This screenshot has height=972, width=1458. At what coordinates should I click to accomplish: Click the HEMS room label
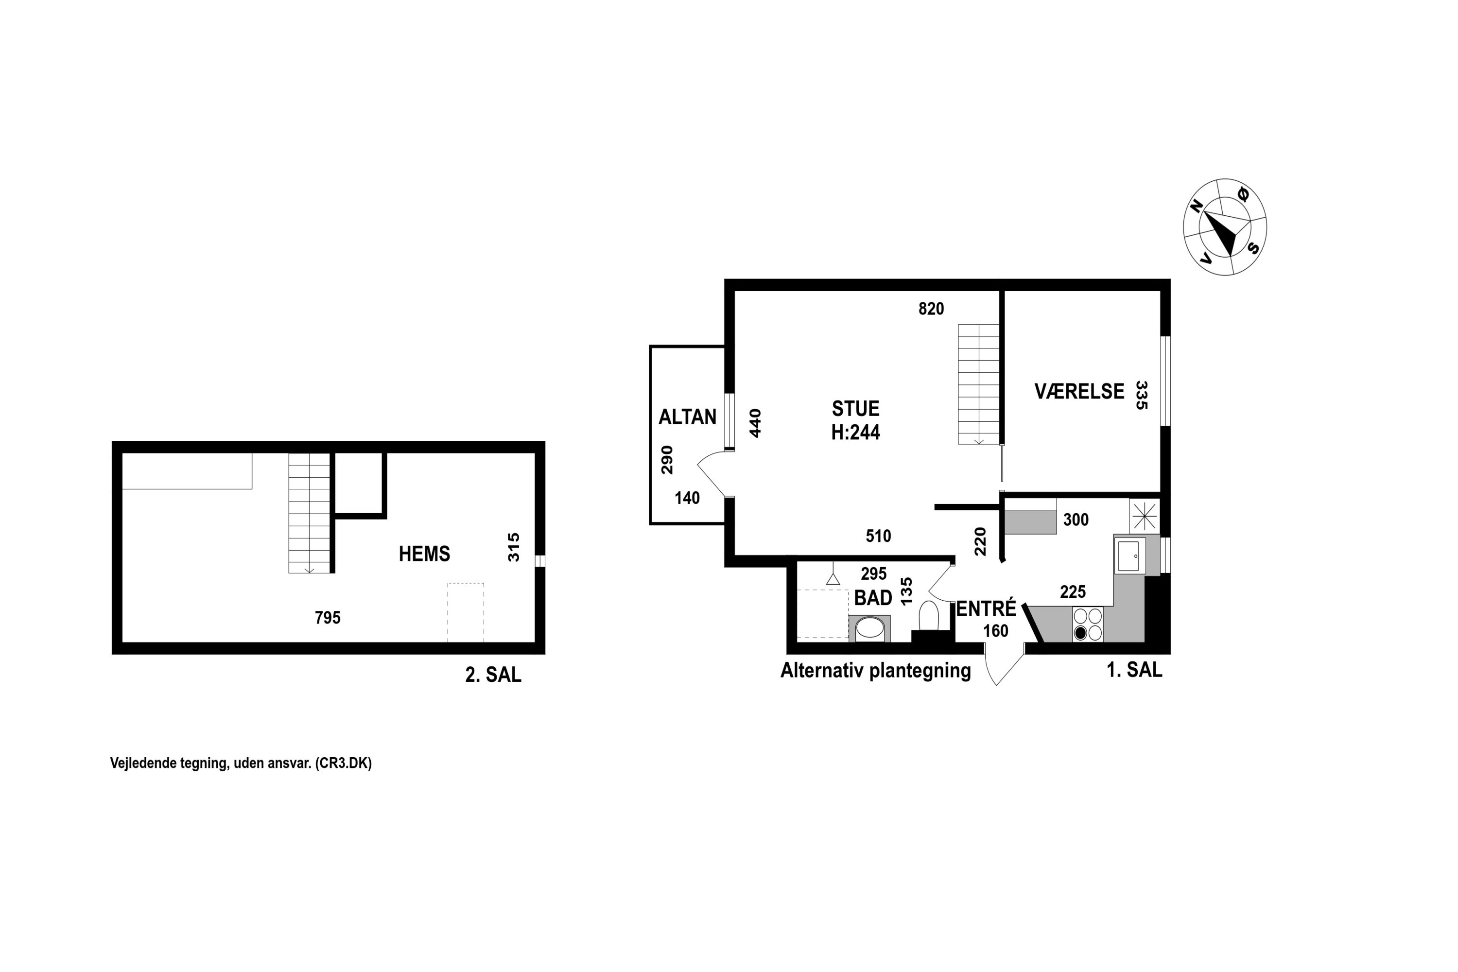click(x=424, y=554)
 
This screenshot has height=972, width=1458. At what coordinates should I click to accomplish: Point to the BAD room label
click(x=873, y=598)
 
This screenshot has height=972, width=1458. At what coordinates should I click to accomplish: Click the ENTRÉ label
click(x=986, y=609)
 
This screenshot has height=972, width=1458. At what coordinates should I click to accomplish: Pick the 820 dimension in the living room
click(x=931, y=309)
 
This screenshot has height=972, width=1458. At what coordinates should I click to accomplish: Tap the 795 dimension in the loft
click(x=328, y=617)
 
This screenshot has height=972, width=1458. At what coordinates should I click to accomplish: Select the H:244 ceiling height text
click(x=855, y=432)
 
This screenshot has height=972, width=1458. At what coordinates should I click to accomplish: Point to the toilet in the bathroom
click(x=929, y=614)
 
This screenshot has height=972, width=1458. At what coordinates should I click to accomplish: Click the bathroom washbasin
click(x=870, y=628)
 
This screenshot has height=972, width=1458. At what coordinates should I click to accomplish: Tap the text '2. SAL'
click(x=493, y=675)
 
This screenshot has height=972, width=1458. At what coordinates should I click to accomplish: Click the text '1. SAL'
click(x=1134, y=670)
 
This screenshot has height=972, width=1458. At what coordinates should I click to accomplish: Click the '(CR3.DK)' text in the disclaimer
click(x=344, y=763)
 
